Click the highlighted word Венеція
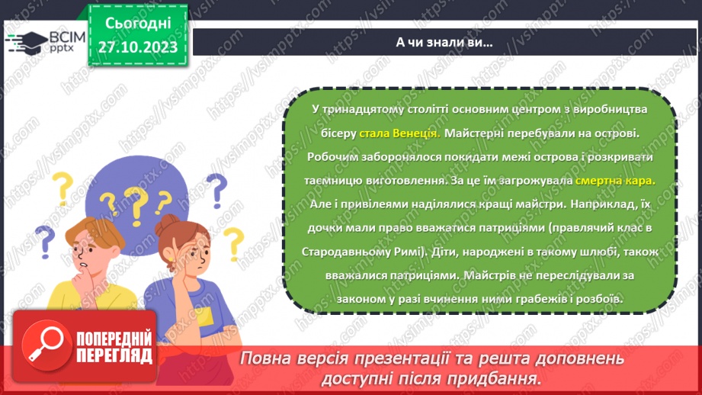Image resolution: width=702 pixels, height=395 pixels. tap(415, 133)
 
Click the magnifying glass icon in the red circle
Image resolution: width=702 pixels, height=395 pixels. tap(45, 346)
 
